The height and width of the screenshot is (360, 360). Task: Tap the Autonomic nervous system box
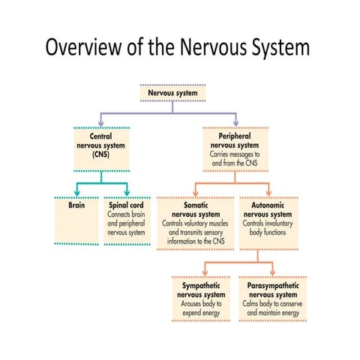click(268, 217)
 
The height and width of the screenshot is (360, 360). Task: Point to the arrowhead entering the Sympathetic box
click(206, 275)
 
